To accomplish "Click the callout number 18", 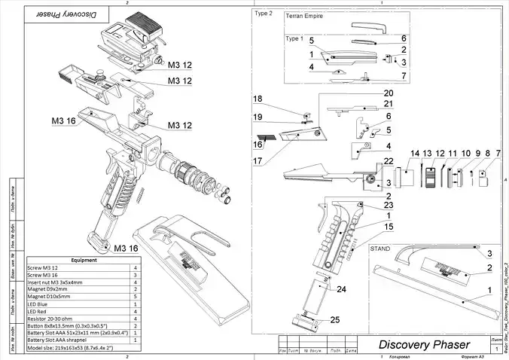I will point(258,99).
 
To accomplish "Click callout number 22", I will point(388,161).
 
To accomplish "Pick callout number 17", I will point(258,160).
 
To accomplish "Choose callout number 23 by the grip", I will point(389,204).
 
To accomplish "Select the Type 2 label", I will point(264,13).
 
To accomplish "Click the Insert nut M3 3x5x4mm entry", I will point(59,282).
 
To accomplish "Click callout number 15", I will point(389,226).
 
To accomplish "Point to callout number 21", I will point(389,104).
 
